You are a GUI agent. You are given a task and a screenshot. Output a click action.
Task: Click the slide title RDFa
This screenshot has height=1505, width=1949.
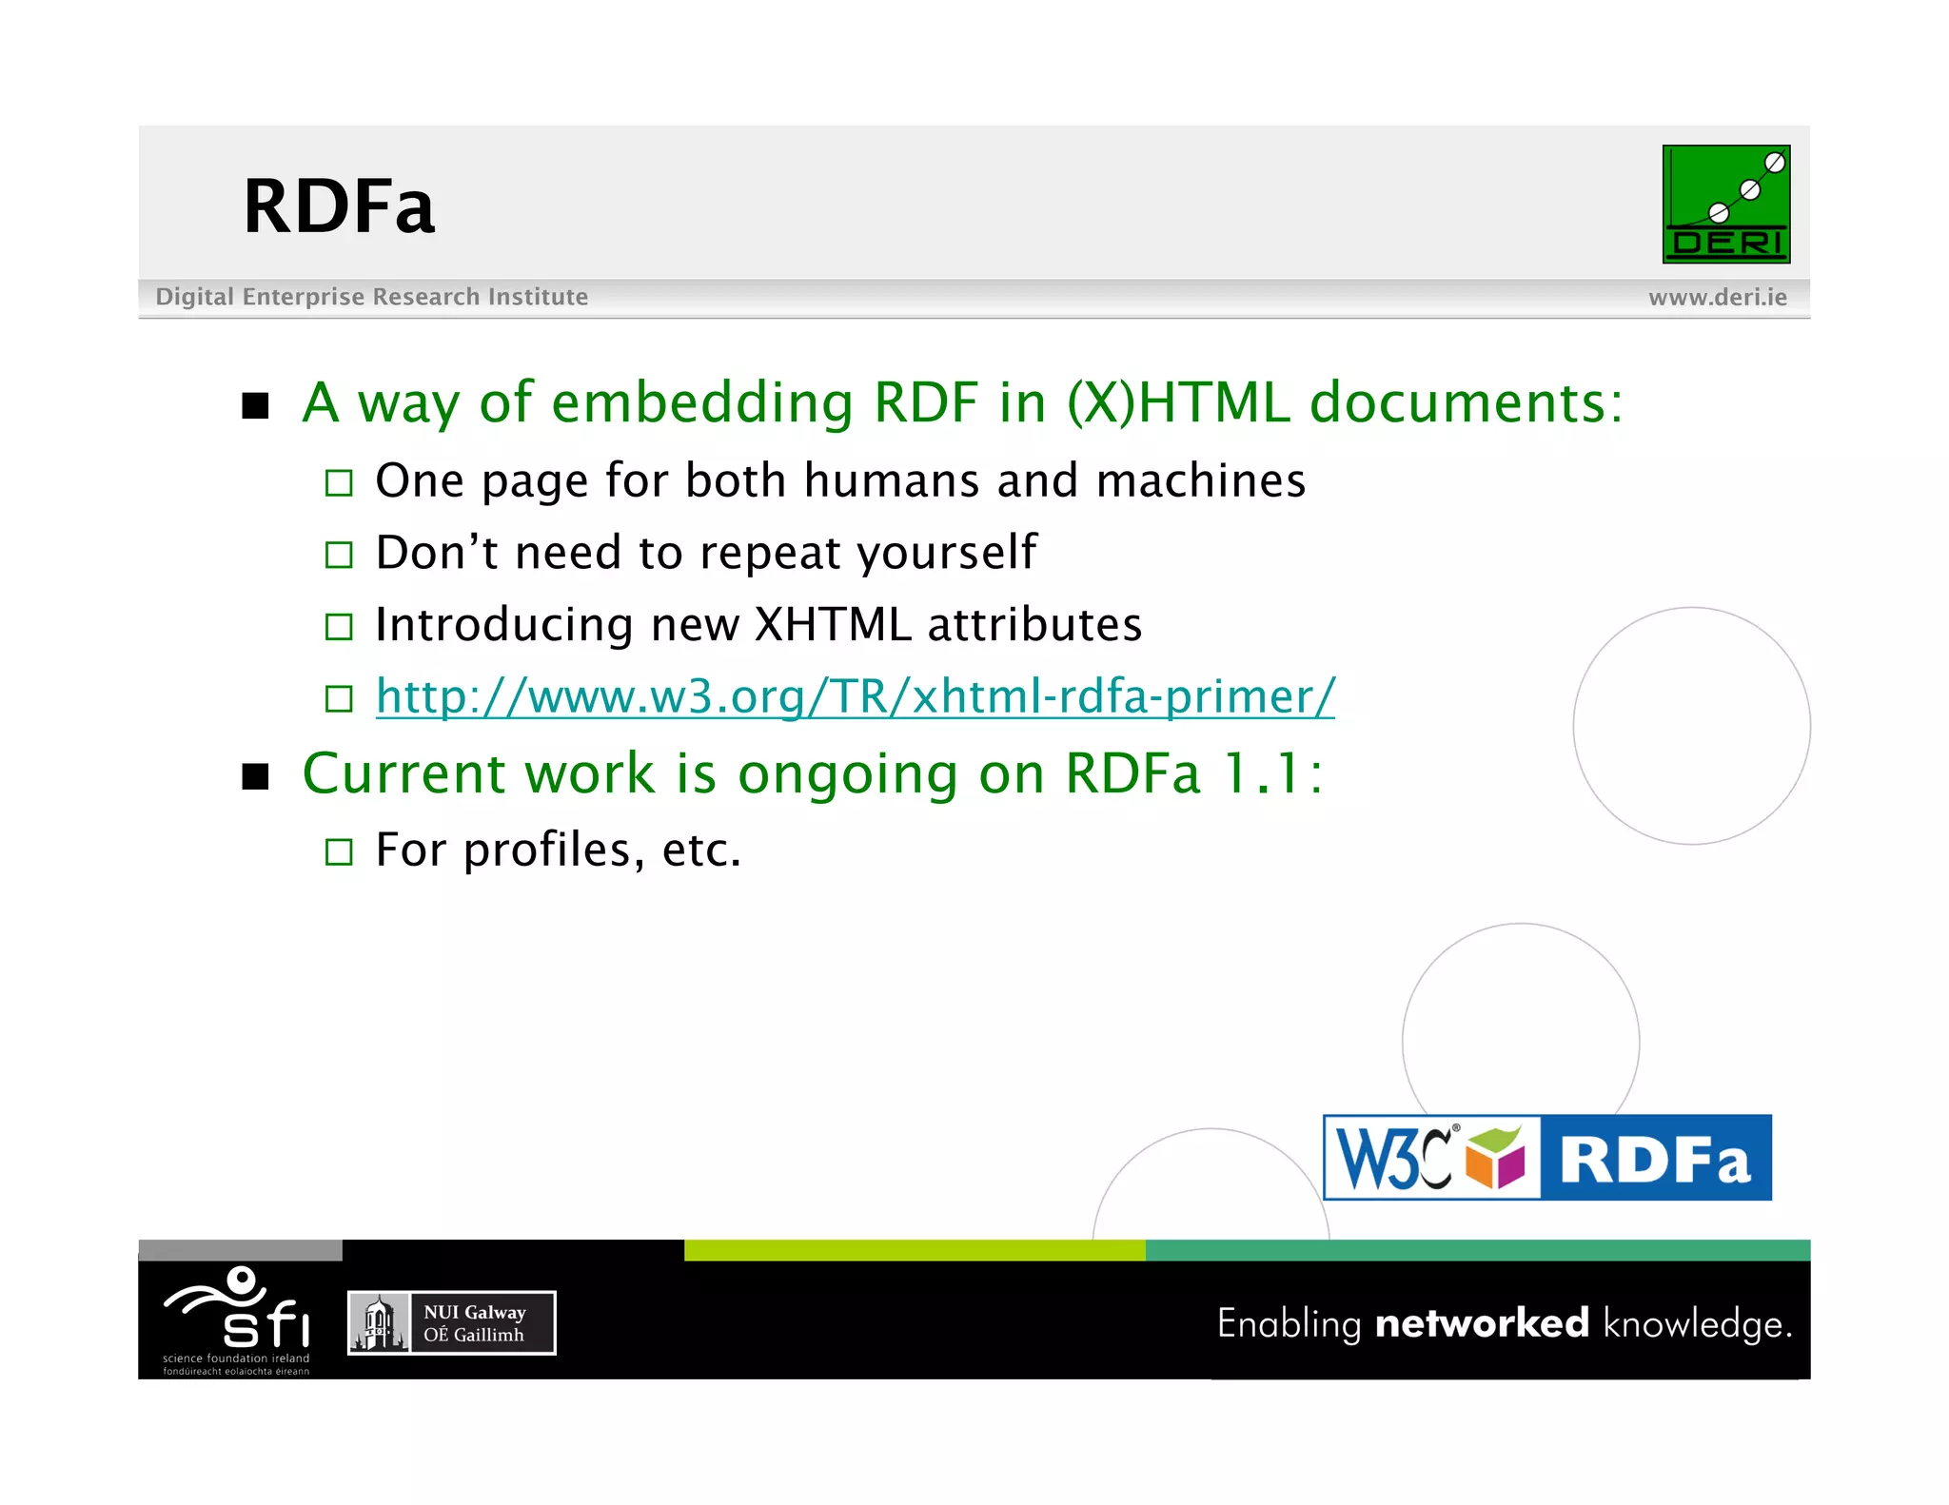click(339, 206)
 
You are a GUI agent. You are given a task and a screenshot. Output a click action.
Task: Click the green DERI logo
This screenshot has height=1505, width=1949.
click(1725, 204)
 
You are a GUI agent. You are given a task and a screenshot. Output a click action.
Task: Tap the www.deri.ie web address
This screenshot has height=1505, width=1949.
click(1717, 298)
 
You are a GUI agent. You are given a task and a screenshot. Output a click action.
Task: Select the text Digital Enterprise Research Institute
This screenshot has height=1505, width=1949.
click(371, 297)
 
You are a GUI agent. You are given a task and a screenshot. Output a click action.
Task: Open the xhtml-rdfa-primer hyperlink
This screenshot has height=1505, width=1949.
click(855, 696)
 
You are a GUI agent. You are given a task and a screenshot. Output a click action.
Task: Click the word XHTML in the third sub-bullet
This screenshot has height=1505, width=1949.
click(833, 625)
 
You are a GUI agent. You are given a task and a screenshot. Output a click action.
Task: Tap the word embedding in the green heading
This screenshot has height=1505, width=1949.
click(701, 402)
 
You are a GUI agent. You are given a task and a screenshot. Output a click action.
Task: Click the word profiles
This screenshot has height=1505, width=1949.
click(547, 850)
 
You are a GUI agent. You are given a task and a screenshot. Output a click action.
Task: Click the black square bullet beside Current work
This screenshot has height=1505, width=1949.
click(255, 776)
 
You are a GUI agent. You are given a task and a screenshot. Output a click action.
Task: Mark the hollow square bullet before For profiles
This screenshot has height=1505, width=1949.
click(339, 851)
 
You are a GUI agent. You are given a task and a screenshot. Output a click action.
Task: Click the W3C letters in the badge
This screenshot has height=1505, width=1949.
click(1394, 1158)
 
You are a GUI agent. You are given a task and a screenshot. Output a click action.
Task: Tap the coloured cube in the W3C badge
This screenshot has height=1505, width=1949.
click(1495, 1157)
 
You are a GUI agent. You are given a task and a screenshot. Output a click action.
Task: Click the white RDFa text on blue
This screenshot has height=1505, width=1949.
click(1655, 1159)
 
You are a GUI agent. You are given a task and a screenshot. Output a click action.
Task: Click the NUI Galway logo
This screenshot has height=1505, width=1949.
click(451, 1322)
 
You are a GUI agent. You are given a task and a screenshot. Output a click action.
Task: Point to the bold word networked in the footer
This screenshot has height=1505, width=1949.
click(1482, 1323)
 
